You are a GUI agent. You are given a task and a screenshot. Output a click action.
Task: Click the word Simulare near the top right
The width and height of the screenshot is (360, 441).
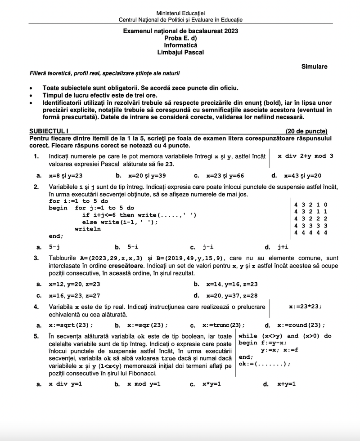pyautogui.click(x=315, y=67)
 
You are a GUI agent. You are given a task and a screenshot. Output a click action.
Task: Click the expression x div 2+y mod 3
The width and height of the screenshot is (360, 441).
pyautogui.click(x=306, y=156)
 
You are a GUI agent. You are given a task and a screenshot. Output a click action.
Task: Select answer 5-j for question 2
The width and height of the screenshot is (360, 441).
pyautogui.click(x=54, y=247)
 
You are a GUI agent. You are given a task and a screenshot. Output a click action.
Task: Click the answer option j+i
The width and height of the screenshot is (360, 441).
pyautogui.click(x=283, y=247)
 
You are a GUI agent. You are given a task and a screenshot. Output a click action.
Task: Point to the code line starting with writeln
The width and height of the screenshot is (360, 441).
pyautogui.click(x=88, y=229)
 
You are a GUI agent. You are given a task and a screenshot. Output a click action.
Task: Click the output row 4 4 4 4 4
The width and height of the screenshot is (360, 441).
pyautogui.click(x=310, y=232)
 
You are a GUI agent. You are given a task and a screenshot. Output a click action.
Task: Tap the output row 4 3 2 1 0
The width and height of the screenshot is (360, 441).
pyautogui.click(x=310, y=205)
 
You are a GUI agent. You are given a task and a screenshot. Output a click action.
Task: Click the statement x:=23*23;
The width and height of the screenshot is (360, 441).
pyautogui.click(x=305, y=307)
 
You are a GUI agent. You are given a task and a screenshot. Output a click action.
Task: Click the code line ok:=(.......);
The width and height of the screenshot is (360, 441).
pyautogui.click(x=265, y=364)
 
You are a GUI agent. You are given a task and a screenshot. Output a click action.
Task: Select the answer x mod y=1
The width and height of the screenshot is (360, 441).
pyautogui.click(x=144, y=384)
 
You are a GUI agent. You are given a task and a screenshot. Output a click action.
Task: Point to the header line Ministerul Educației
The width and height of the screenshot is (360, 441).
pyautogui.click(x=180, y=13)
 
